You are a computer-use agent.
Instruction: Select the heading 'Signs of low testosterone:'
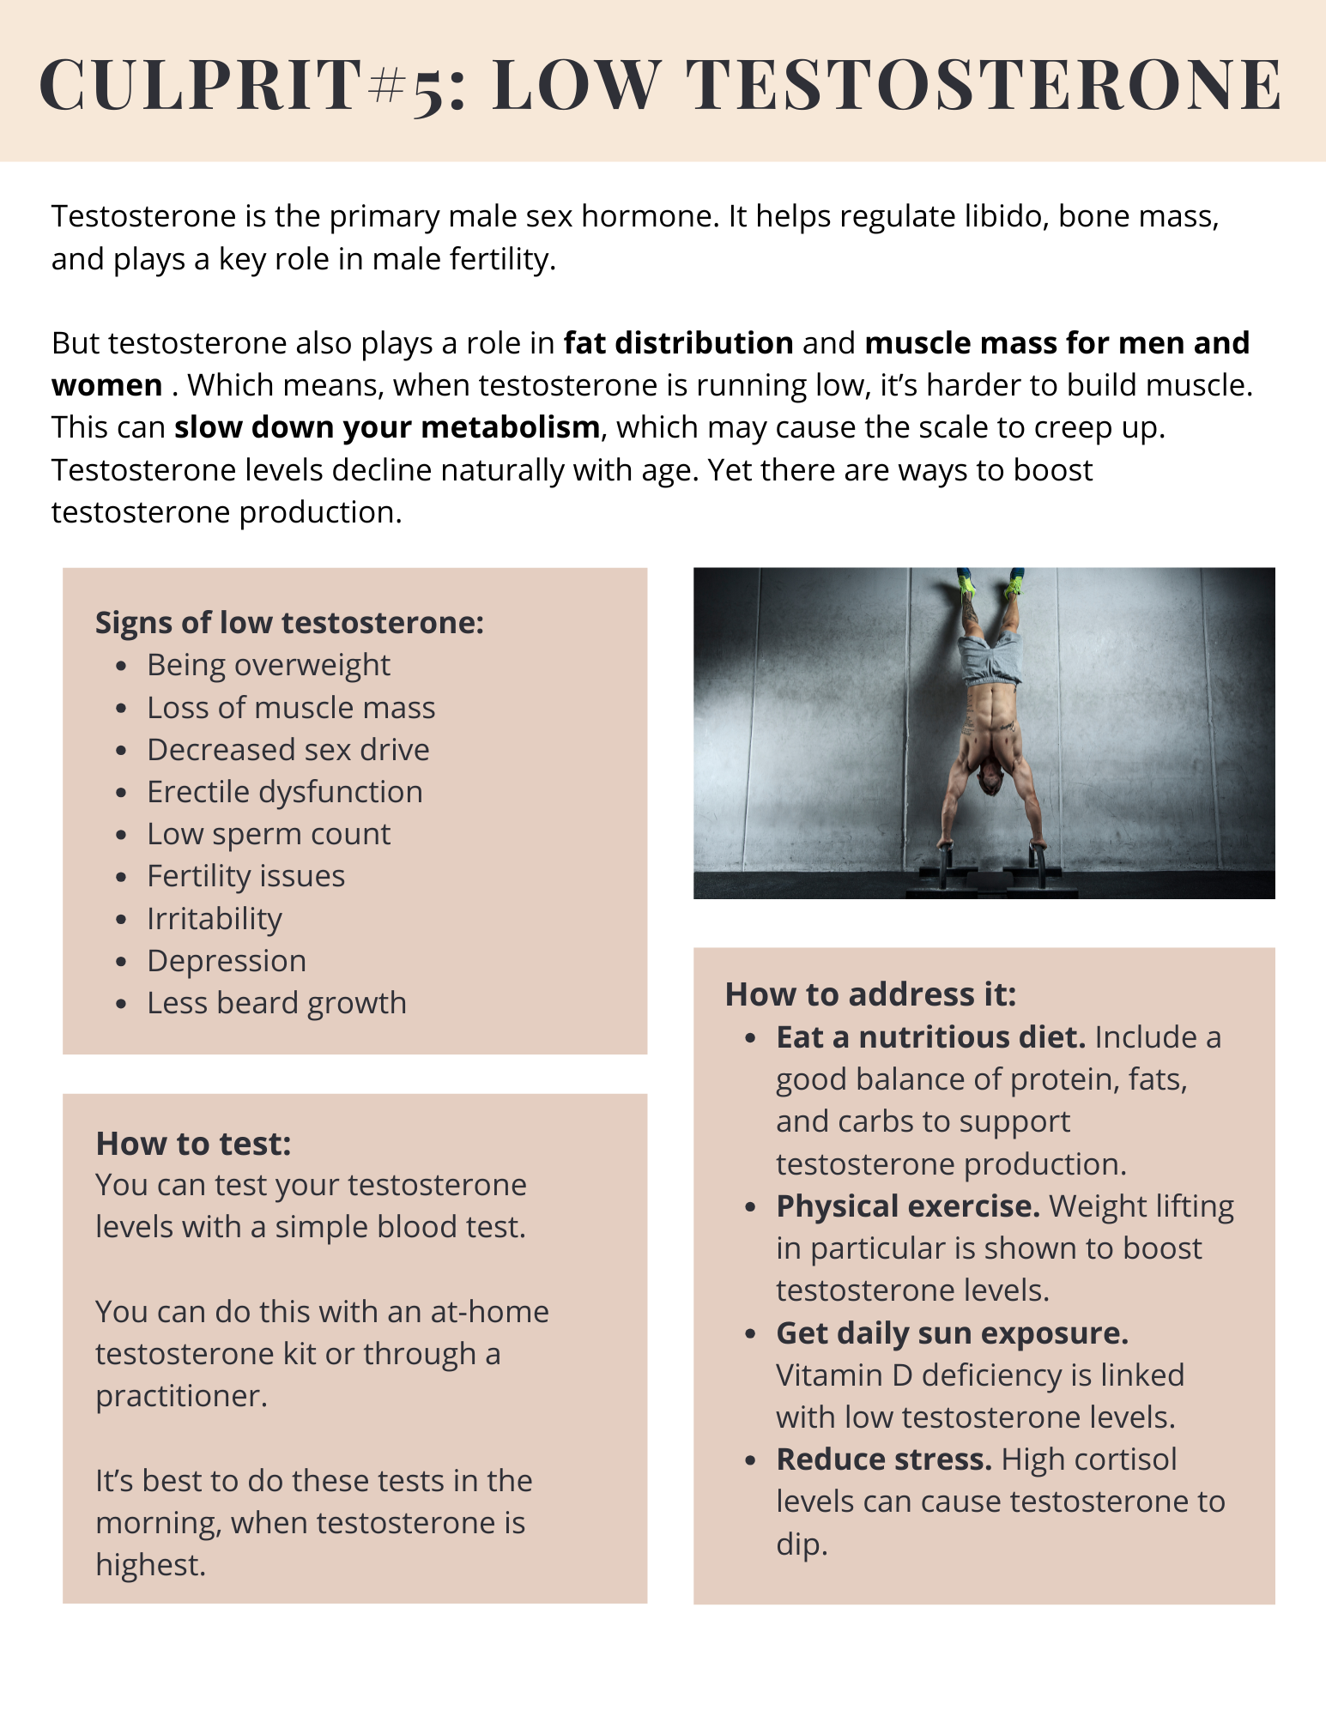click(x=289, y=623)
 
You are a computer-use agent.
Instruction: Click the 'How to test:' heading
click(x=193, y=1144)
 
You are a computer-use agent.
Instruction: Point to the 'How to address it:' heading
click(x=870, y=994)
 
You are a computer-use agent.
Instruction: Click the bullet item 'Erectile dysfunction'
click(x=284, y=792)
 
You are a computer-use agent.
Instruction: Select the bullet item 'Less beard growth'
click(x=276, y=1003)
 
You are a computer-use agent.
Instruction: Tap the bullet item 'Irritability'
click(x=214, y=919)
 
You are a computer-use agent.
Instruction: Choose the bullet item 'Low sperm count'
click(x=269, y=834)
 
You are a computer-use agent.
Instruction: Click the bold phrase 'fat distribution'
click(x=678, y=343)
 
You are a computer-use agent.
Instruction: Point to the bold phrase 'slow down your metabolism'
click(x=387, y=427)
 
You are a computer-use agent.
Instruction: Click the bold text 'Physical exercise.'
click(x=908, y=1206)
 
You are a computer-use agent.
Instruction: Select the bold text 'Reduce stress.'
click(x=884, y=1459)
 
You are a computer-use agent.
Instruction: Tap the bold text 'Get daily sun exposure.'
click(x=952, y=1333)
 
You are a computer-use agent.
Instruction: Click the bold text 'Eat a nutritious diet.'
click(x=930, y=1037)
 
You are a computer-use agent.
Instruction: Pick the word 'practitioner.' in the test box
click(x=181, y=1396)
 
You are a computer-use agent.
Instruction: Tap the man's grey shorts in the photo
click(x=992, y=656)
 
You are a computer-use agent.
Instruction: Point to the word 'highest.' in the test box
click(x=150, y=1565)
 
